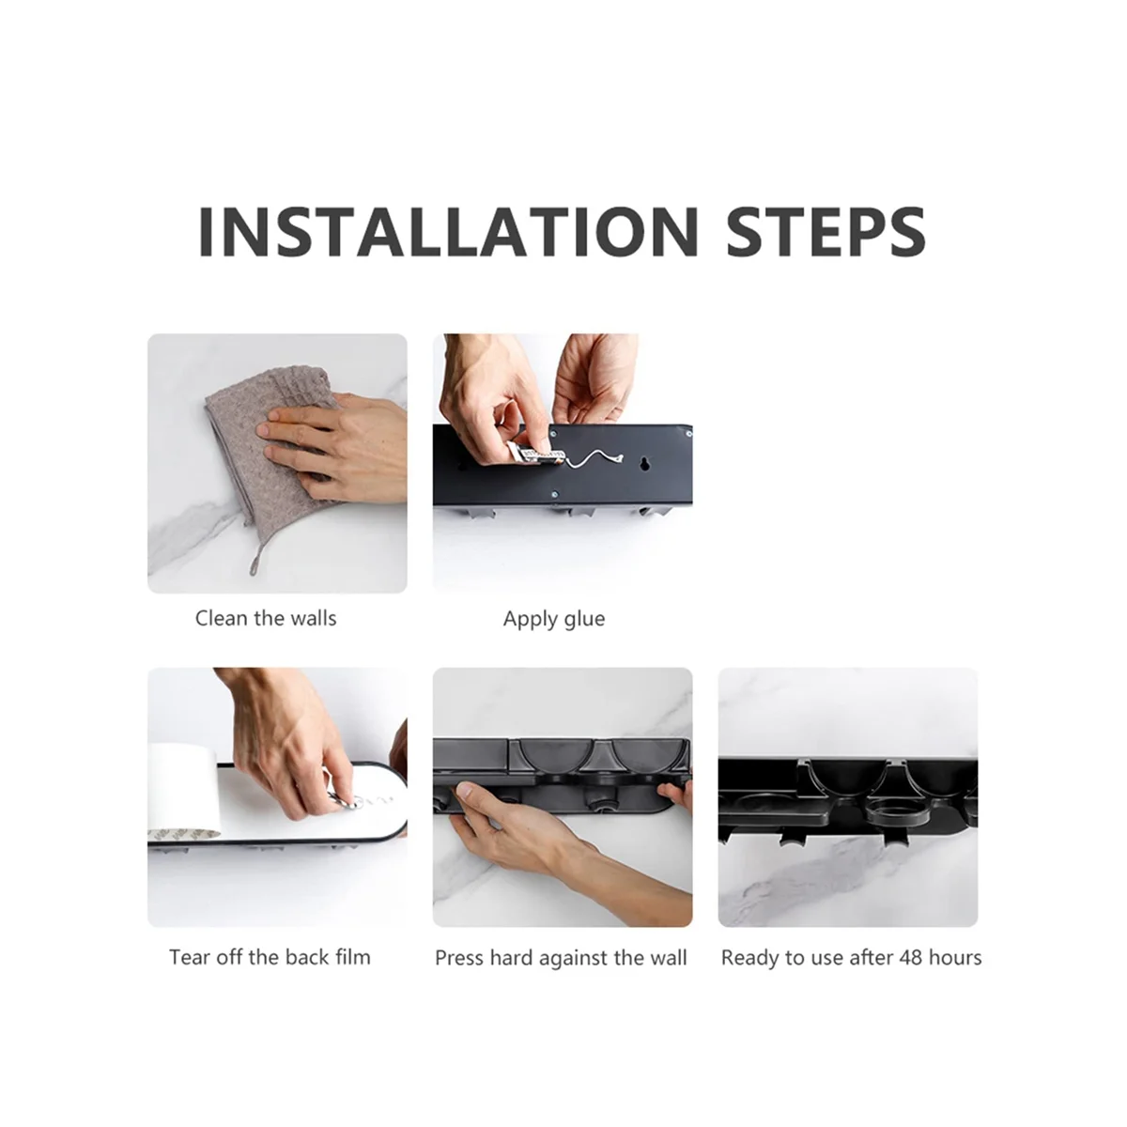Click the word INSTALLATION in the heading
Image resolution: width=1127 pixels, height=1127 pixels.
[x=448, y=231]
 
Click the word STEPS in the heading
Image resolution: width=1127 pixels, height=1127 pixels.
[x=826, y=231]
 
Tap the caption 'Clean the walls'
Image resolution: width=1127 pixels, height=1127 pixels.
[x=266, y=618]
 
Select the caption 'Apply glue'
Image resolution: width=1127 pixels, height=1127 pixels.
[x=554, y=619]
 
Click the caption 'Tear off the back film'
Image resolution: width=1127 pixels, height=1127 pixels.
[x=270, y=957]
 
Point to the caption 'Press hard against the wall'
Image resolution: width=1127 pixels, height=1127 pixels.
[x=561, y=958]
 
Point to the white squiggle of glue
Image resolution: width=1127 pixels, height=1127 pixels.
[x=592, y=459]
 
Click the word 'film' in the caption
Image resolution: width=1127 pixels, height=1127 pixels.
[x=353, y=957]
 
